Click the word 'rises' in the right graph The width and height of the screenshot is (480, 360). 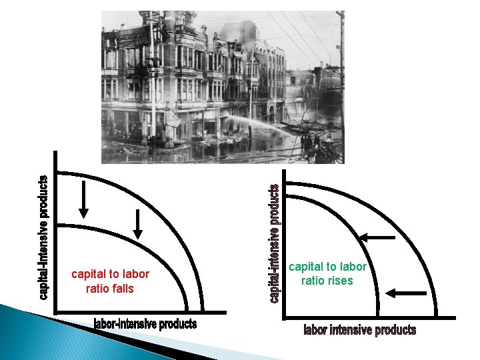pos(340,281)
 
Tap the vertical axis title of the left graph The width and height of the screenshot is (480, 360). pos(43,237)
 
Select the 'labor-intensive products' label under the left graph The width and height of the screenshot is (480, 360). pos(145,324)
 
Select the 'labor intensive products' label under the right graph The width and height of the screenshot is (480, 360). pos(359,330)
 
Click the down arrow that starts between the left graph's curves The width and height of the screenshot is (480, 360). pos(137,223)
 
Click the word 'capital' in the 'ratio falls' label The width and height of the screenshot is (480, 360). pos(87,275)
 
